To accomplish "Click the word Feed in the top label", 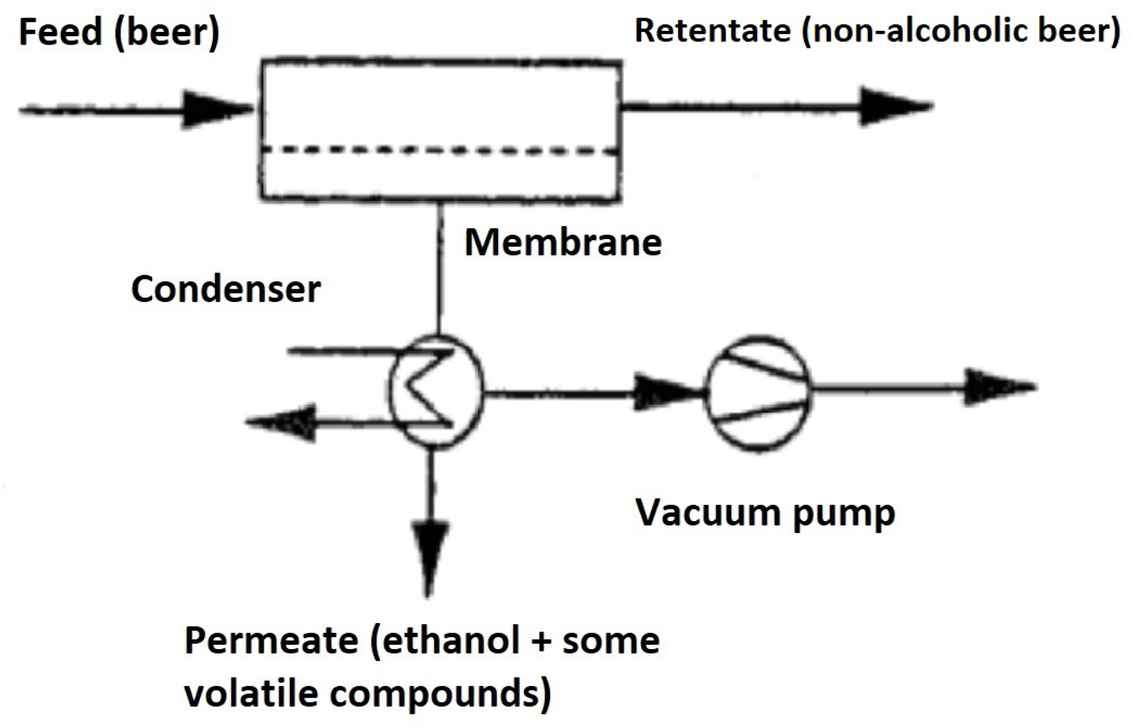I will coord(60,31).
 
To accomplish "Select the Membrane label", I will coord(563,243).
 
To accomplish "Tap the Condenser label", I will coord(225,289).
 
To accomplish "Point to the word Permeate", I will coord(271,640).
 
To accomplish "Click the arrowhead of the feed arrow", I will coord(217,109).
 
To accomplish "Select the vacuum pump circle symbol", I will coord(758,394).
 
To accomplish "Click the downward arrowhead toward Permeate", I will coord(429,556).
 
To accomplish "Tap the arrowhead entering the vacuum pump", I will coord(664,393).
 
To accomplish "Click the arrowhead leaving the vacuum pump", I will coord(996,387).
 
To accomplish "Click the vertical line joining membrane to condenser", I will coord(440,266).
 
